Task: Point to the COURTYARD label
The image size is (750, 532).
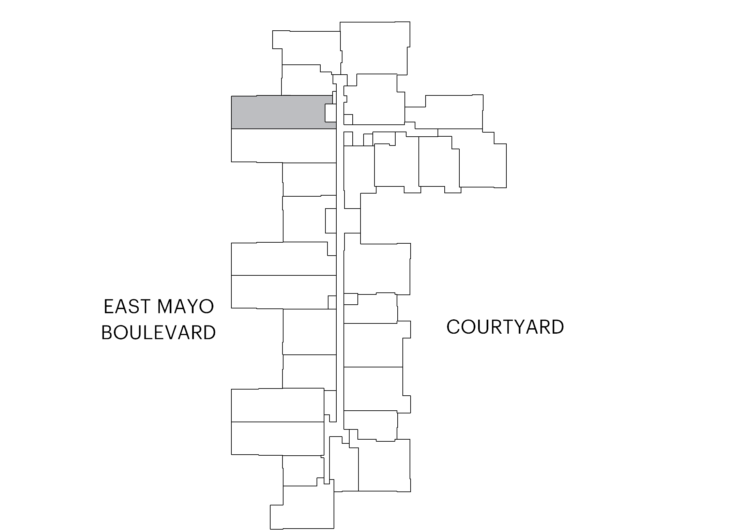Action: point(505,327)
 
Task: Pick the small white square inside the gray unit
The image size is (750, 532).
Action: point(331,113)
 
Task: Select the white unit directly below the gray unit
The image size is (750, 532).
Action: point(284,146)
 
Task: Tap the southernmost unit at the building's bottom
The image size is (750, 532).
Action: point(302,508)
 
